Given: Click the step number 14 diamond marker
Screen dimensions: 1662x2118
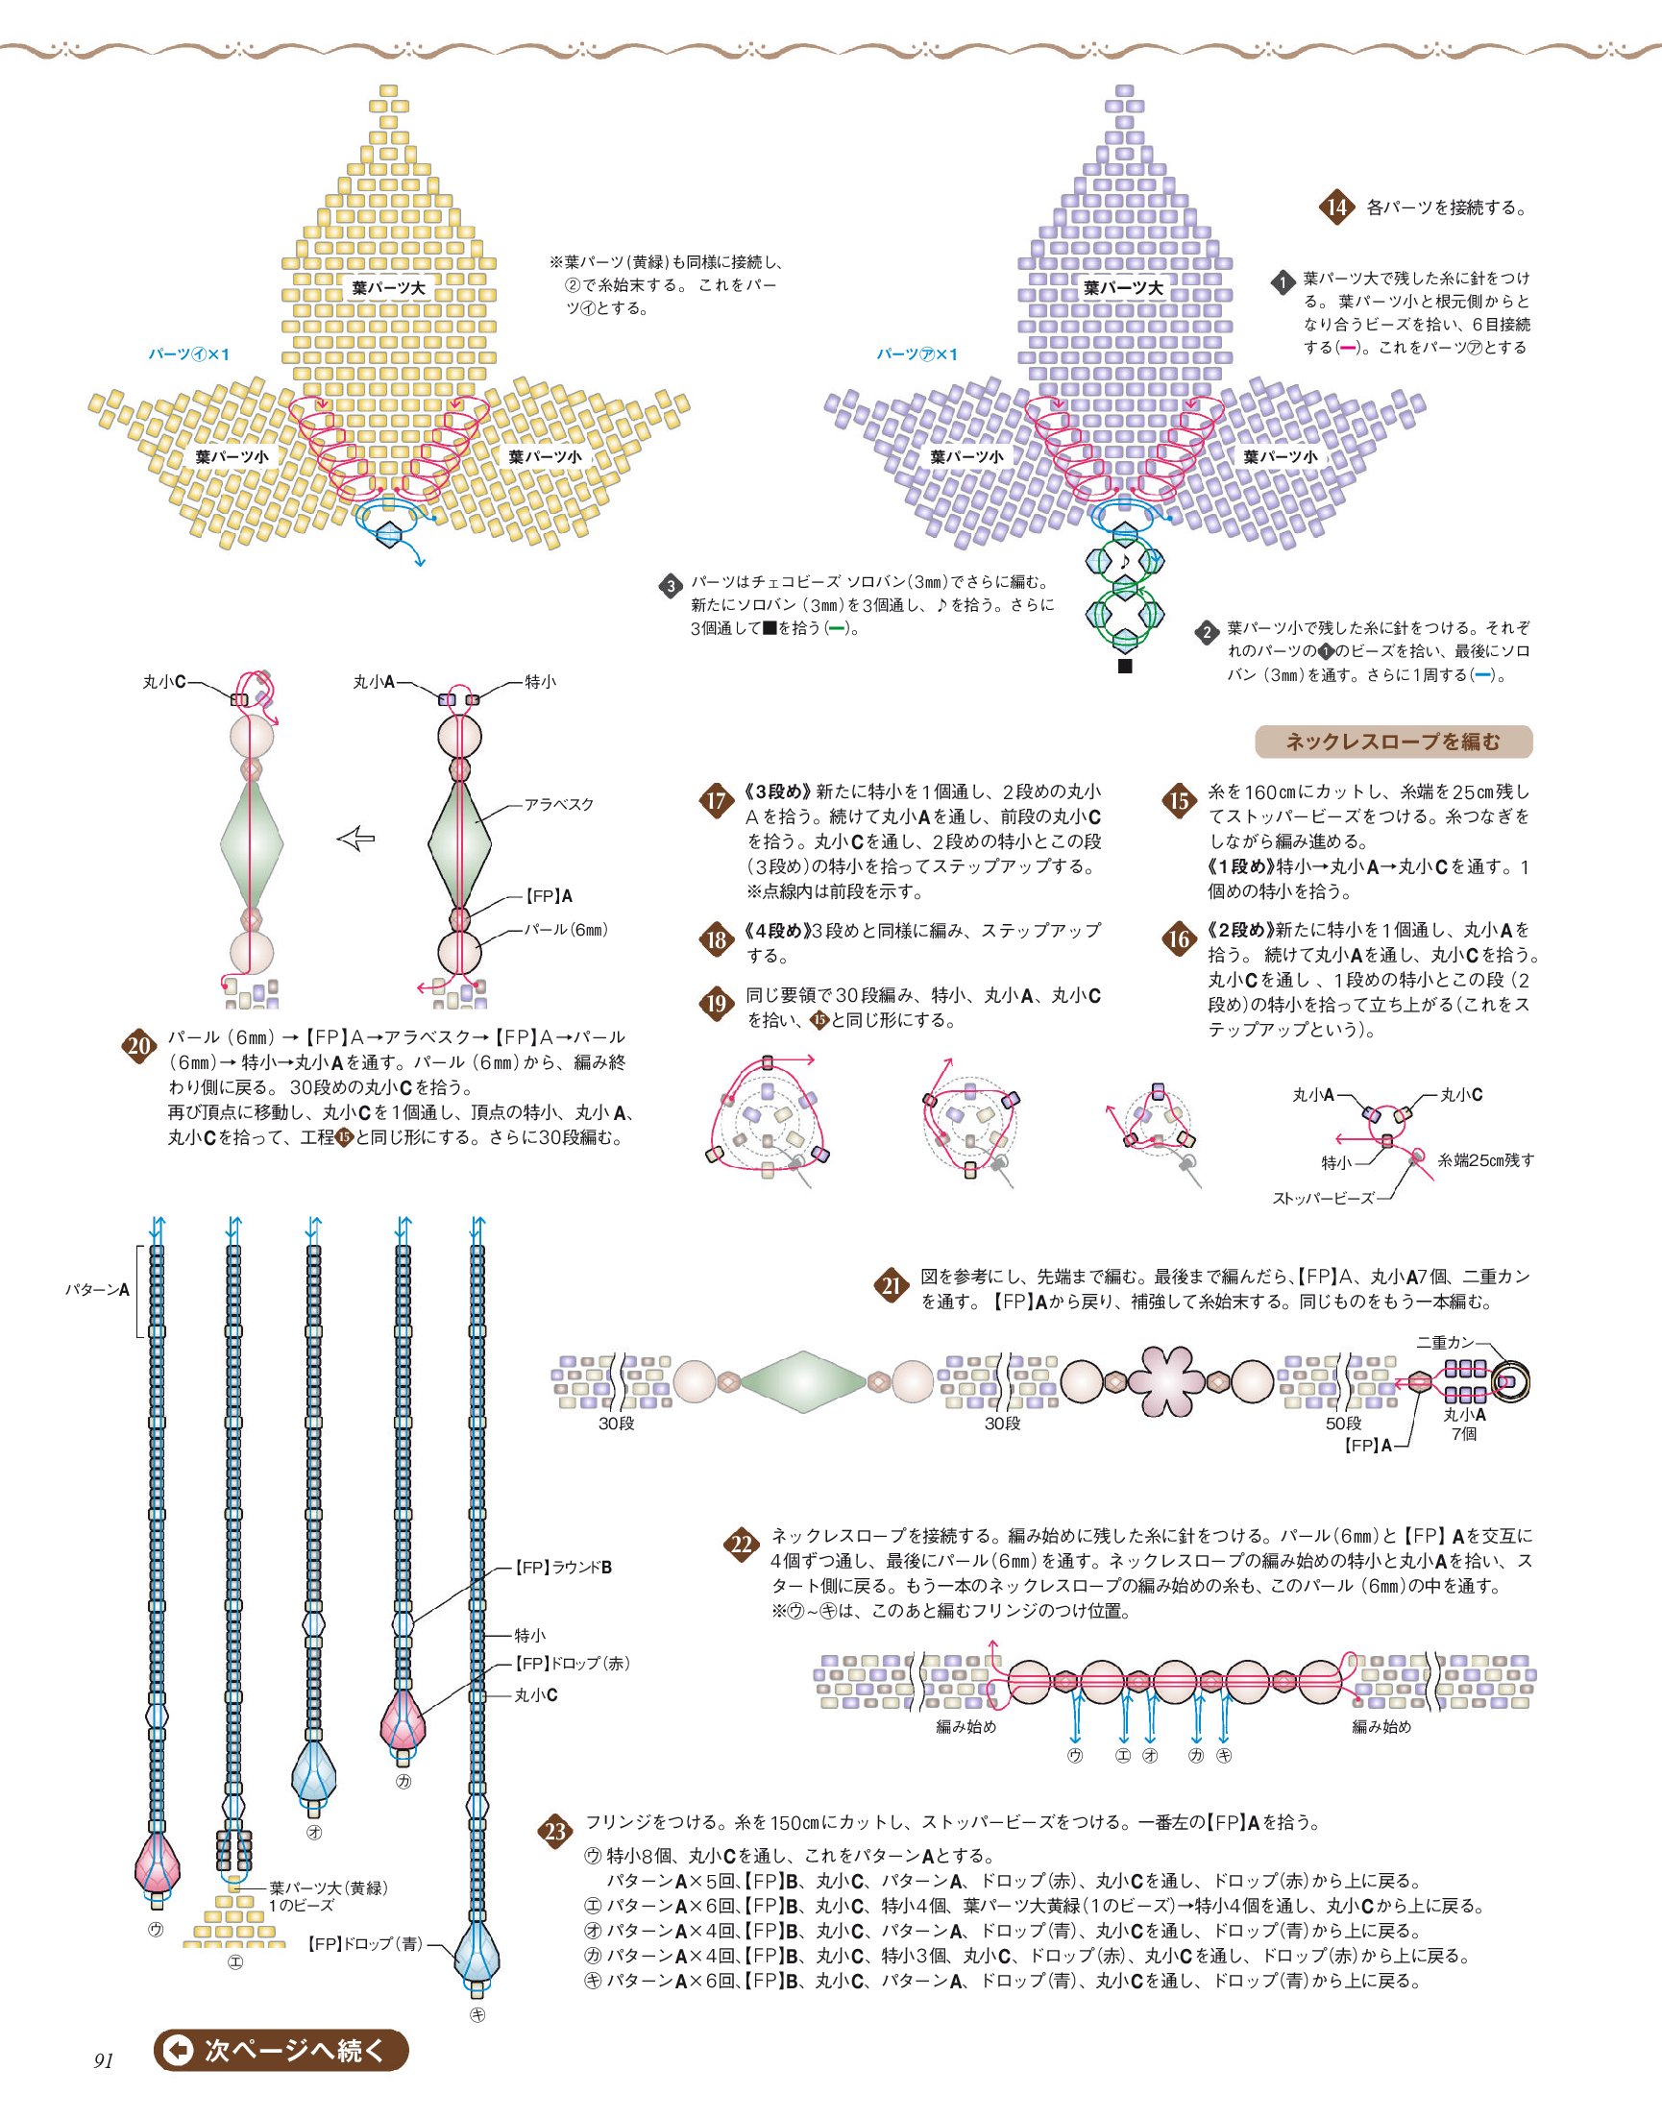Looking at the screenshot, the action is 1337,207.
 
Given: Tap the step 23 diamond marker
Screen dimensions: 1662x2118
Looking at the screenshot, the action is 554,1833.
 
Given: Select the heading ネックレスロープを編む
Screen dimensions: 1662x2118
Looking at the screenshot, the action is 1393,742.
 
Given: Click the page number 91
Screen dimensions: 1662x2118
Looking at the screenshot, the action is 104,2059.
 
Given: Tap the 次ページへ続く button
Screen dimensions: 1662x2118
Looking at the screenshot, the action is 281,2051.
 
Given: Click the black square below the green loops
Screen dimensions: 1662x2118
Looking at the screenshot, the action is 1125,667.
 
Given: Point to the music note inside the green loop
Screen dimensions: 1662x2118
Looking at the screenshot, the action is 1125,561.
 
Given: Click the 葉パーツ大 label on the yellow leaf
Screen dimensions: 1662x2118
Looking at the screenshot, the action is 388,288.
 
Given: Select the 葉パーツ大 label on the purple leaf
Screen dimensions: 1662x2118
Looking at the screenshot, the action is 1124,288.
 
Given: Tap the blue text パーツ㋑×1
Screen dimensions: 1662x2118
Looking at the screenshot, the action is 188,354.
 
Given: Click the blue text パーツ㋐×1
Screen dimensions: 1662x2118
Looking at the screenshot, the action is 917,354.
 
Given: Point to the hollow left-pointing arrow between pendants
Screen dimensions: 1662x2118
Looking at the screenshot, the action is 356,838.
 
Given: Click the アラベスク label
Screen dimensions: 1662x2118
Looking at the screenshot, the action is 558,805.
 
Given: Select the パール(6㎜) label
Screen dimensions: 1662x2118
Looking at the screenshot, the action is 566,930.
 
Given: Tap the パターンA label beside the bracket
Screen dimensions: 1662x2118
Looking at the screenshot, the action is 97,1290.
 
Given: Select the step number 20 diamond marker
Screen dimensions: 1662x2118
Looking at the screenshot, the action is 139,1047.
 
